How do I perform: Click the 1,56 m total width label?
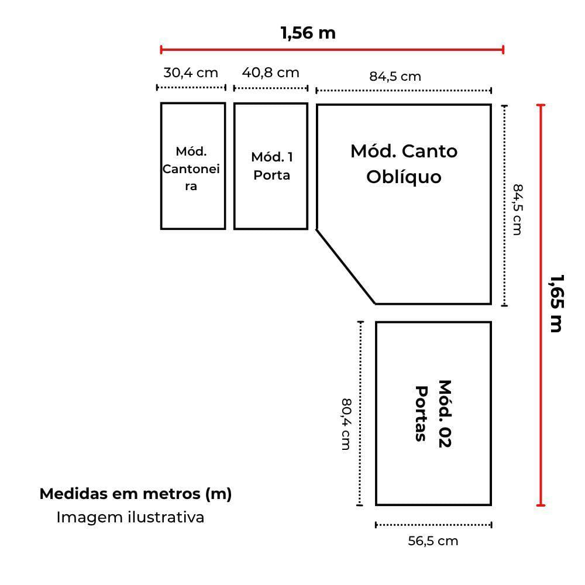(x=308, y=33)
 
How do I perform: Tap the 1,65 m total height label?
(x=556, y=303)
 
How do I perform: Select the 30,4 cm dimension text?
(x=191, y=73)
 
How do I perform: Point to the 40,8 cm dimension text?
(x=270, y=73)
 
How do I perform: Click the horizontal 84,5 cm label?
(x=395, y=77)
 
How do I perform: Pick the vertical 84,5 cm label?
(x=518, y=209)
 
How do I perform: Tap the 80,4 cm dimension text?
(x=346, y=424)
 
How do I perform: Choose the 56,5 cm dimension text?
(x=433, y=541)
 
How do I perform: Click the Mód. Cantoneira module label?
(x=191, y=168)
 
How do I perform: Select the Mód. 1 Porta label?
(x=271, y=166)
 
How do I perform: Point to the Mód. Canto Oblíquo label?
(x=404, y=164)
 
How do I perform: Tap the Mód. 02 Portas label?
(x=433, y=414)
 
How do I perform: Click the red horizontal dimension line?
(x=332, y=50)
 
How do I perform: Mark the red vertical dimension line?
(x=541, y=305)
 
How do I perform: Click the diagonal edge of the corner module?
(x=346, y=266)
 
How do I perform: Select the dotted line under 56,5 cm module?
(x=433, y=525)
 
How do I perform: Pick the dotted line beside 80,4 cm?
(x=360, y=414)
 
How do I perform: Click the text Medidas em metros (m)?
(x=136, y=494)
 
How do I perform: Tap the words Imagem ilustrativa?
(x=130, y=518)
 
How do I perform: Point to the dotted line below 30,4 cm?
(x=191, y=88)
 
